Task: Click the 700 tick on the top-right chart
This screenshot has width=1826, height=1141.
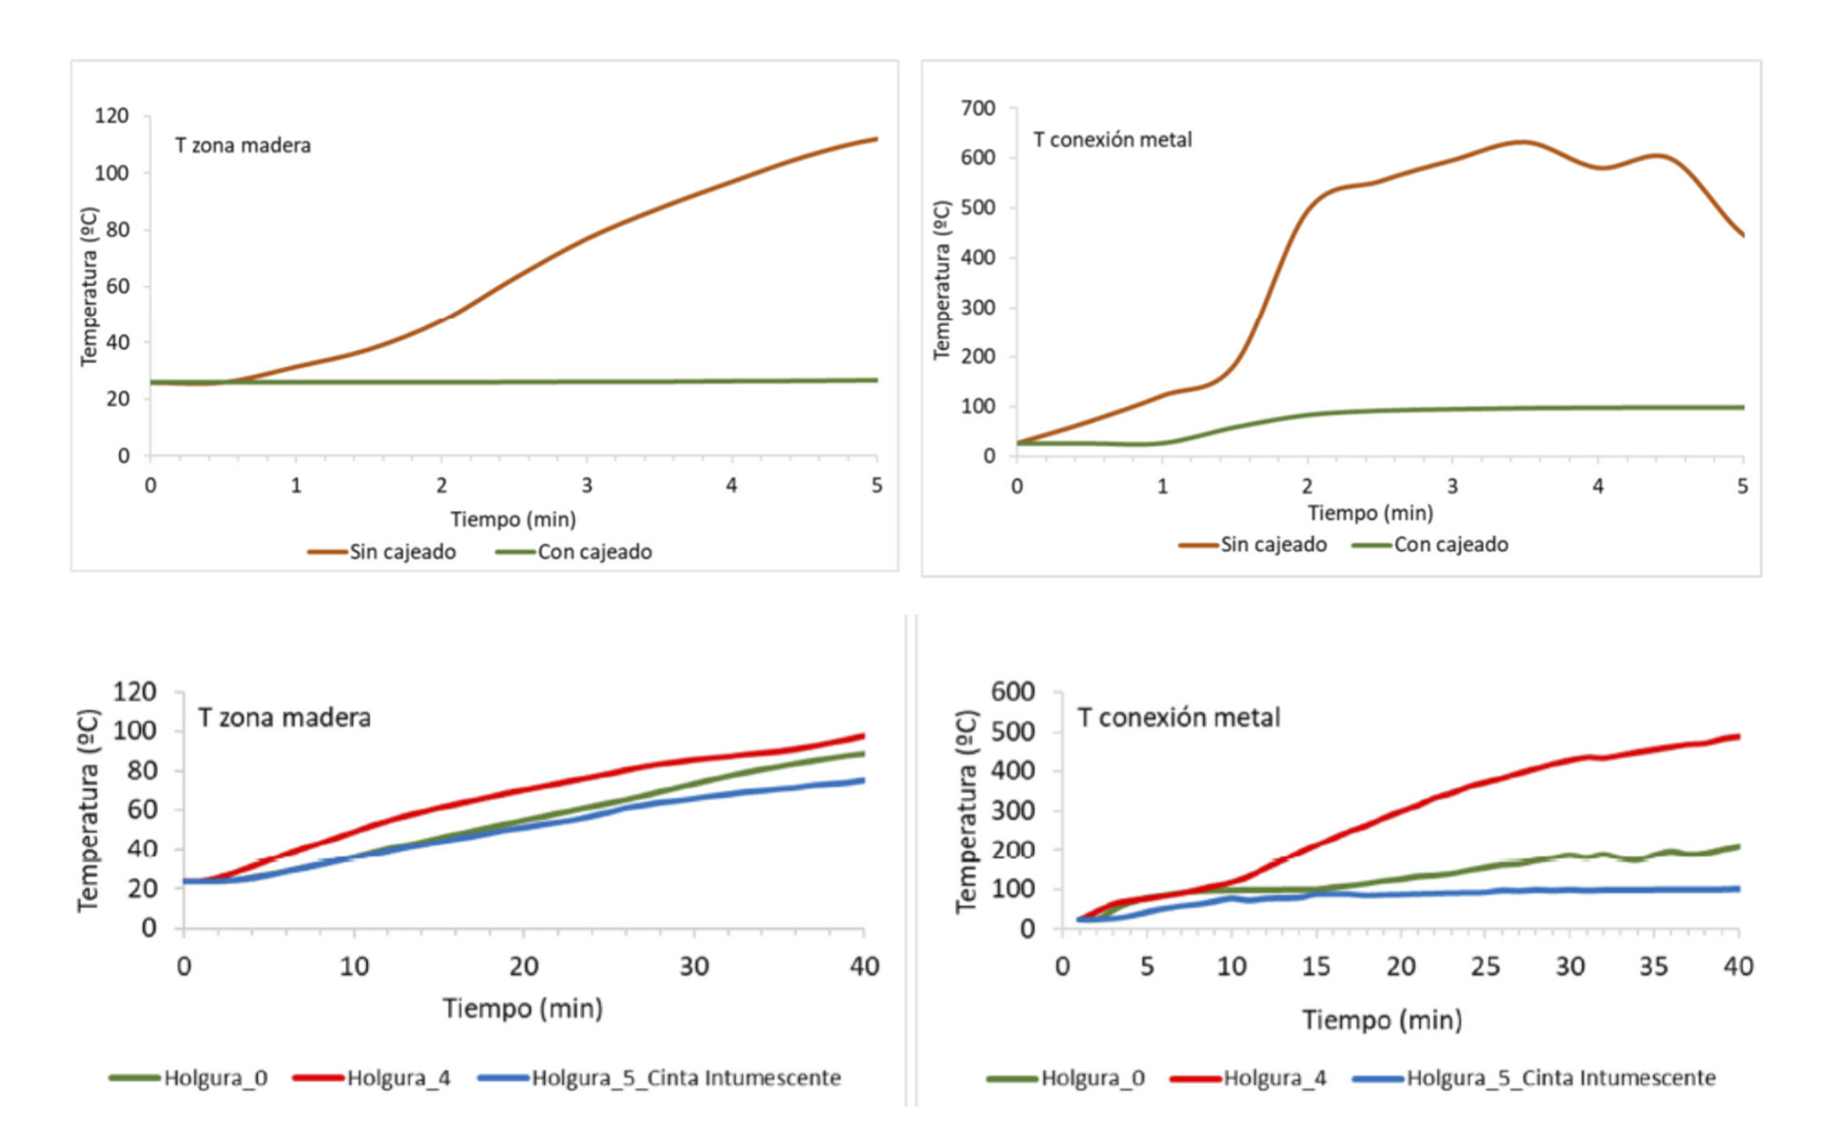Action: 978,108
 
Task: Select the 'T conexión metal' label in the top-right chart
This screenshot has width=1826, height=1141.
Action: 1112,140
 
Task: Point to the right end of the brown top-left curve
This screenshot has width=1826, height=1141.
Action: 876,140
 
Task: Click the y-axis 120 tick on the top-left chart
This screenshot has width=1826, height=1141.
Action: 111,116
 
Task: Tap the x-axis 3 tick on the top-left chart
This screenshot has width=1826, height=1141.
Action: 587,486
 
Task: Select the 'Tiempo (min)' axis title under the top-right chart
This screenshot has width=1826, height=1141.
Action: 1369,513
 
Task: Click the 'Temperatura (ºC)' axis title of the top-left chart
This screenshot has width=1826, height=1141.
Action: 88,285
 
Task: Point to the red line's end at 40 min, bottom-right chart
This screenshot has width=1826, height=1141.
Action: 1738,737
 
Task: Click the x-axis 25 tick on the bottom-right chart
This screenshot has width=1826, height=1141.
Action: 1485,967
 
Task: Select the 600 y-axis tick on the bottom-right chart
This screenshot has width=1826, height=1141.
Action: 1012,692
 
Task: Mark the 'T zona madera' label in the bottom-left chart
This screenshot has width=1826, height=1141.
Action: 283,718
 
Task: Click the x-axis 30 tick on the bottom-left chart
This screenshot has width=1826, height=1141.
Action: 693,967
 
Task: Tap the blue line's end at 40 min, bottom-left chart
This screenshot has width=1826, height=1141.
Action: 863,781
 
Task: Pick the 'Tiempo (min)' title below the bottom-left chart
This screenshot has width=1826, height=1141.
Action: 522,1009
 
